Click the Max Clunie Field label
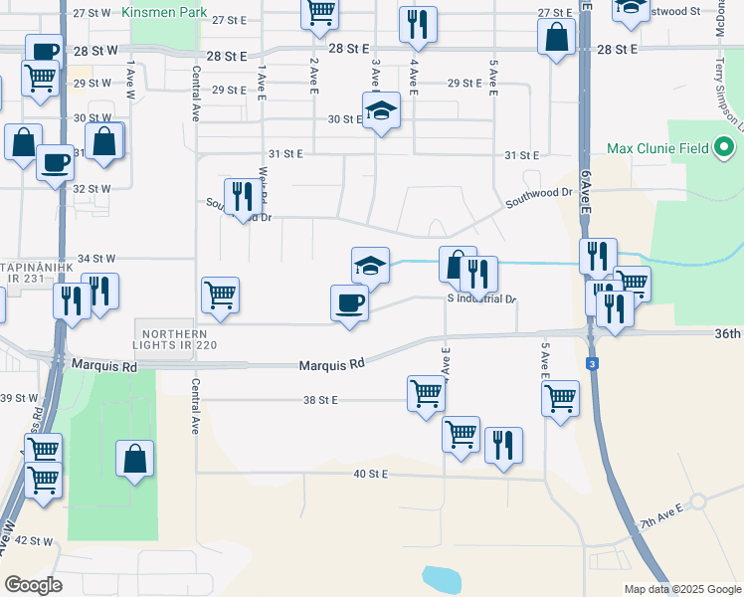click(658, 149)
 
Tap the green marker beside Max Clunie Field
click(724, 149)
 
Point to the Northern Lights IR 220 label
click(178, 339)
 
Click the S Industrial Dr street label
click(483, 298)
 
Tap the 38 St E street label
click(321, 400)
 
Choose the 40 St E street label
click(370, 474)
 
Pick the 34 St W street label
click(97, 258)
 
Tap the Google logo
click(33, 585)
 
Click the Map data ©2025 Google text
click(681, 589)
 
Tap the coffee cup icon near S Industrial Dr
click(349, 301)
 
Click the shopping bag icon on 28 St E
click(556, 38)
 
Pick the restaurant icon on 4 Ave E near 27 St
click(418, 23)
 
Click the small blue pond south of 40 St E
click(441, 578)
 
